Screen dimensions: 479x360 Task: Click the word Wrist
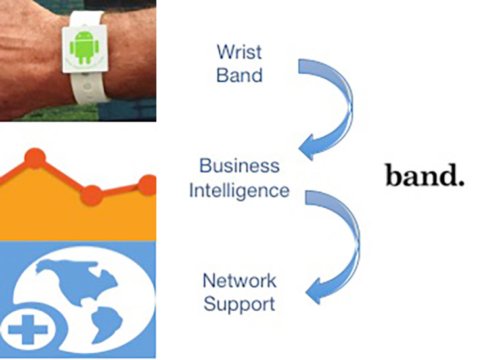pyautogui.click(x=240, y=51)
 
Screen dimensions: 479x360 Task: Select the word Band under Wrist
pyautogui.click(x=240, y=74)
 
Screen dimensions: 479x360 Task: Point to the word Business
pyautogui.click(x=239, y=166)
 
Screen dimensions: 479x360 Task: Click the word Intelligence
pyautogui.click(x=239, y=190)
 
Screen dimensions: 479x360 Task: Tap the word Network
pyautogui.click(x=239, y=281)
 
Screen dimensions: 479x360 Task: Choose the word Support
pyautogui.click(x=239, y=304)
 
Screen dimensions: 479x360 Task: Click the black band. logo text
pyautogui.click(x=424, y=176)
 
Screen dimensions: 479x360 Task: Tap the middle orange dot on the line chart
pyautogui.click(x=91, y=194)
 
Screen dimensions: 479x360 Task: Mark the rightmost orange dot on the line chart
pyautogui.click(x=149, y=185)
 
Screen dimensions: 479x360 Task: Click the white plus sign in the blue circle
pyautogui.click(x=28, y=330)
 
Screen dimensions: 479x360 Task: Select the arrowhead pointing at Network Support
pyautogui.click(x=316, y=290)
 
